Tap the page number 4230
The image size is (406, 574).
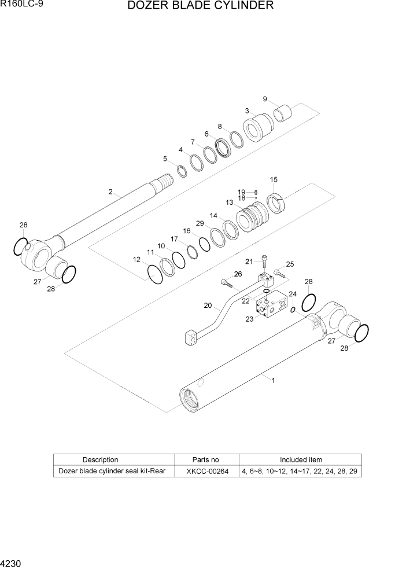[x=12, y=563]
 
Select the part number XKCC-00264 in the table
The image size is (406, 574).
[x=207, y=472]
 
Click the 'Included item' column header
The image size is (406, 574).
[x=301, y=460]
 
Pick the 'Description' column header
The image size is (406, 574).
[x=100, y=460]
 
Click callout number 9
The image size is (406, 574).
[x=265, y=99]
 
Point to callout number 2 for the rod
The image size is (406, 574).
[x=110, y=192]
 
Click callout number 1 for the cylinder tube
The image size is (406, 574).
[x=273, y=380]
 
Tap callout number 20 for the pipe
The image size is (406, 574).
[x=208, y=306]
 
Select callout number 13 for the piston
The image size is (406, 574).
[x=230, y=203]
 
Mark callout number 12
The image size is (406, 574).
[x=137, y=260]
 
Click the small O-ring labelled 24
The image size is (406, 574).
[x=293, y=310]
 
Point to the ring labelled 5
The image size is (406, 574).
[x=182, y=171]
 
